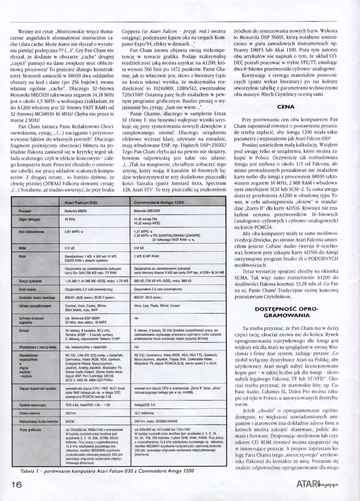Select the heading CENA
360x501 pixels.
pyautogui.click(x=286, y=107)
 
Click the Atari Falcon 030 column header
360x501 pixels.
pyautogui.click(x=81, y=202)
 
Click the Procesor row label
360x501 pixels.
pyautogui.click(x=25, y=211)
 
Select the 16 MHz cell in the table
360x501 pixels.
pyautogui.click(x=70, y=219)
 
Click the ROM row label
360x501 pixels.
pyautogui.click(x=22, y=248)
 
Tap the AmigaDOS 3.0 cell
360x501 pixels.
pyautogui.click(x=145, y=405)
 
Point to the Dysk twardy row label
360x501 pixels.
pyautogui.click(x=28, y=289)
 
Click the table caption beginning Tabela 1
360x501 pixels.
pyautogui.click(x=106, y=471)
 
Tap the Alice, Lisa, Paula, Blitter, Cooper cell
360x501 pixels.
pyautogui.click(x=157, y=306)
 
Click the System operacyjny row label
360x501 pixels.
pyautogui.click(x=32, y=405)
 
